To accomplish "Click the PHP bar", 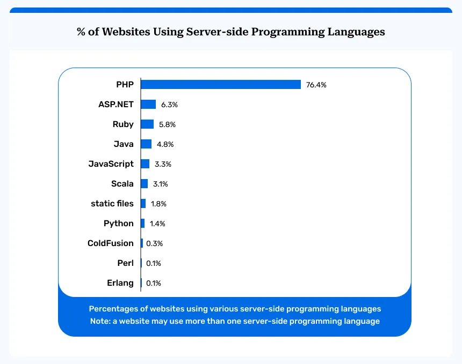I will tap(220, 85).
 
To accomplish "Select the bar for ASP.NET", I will tap(148, 105).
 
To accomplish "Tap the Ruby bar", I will tap(147, 124).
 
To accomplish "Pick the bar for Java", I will tap(146, 144).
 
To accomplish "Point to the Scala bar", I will tap(144, 184).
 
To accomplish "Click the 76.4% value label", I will tap(316, 85).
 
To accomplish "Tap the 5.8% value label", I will tap(167, 124).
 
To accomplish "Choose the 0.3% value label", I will tap(154, 243).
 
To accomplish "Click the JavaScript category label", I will tap(111, 164).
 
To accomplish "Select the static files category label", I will tap(112, 204).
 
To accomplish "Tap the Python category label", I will tap(119, 224).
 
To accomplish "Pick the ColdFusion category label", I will tap(110, 243).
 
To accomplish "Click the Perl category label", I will tap(125, 263).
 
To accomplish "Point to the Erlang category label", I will tap(120, 283).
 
